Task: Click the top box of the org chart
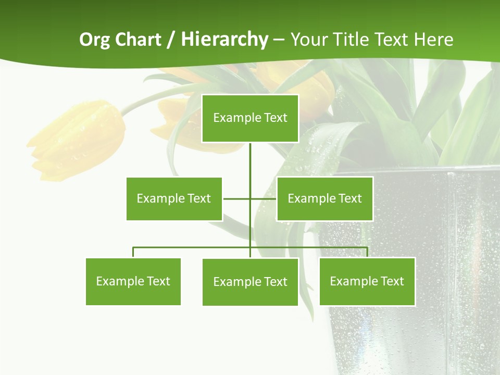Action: [250, 118]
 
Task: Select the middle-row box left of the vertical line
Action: [174, 198]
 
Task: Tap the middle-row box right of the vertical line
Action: [324, 198]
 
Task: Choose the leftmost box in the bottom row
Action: [133, 281]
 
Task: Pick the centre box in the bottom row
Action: [250, 282]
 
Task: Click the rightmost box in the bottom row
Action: [367, 281]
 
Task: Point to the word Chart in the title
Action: [137, 40]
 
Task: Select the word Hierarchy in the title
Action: [224, 40]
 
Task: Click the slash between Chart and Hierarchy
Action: [171, 40]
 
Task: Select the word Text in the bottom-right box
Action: [391, 281]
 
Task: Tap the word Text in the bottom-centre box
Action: [274, 282]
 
